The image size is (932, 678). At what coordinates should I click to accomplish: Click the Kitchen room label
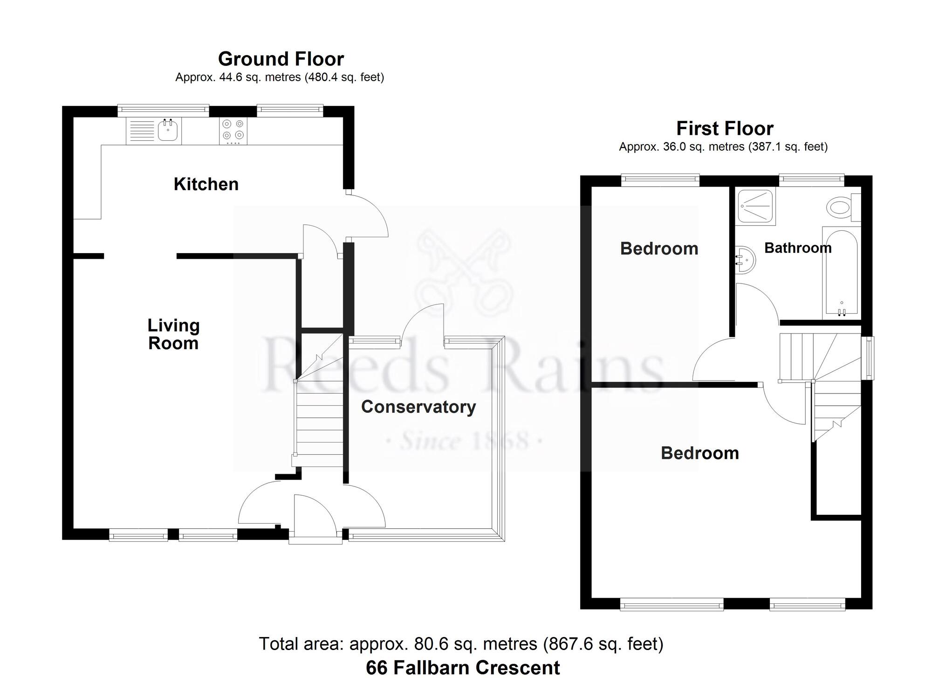(206, 184)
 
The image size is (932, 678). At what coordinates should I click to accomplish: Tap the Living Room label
(173, 334)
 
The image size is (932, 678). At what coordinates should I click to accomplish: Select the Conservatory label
(418, 407)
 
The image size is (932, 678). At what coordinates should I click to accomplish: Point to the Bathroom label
(798, 248)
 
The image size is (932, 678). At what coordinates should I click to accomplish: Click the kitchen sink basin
(168, 130)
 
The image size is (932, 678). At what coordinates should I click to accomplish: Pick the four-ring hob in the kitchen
(233, 131)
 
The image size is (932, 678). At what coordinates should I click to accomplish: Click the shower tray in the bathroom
(755, 206)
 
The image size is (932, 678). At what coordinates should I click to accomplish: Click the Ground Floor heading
(281, 59)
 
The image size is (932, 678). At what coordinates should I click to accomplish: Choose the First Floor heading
(725, 128)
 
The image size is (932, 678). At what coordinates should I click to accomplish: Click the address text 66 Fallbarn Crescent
(463, 667)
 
